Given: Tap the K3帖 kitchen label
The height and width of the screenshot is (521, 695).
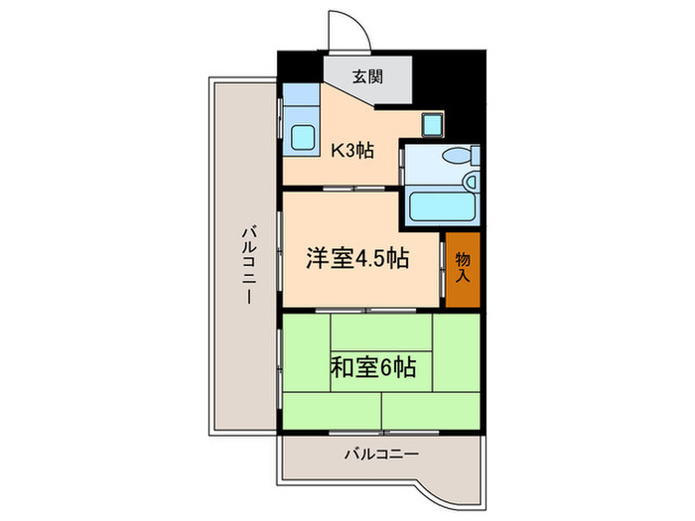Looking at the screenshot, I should click(x=351, y=151).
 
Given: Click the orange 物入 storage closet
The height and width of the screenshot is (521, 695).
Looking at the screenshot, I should click(x=463, y=268).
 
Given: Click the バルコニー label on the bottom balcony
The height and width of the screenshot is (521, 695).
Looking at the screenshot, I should click(x=382, y=455).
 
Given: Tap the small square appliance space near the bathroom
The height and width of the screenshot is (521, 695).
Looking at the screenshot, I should click(x=434, y=124).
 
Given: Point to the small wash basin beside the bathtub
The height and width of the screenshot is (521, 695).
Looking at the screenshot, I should click(x=473, y=182).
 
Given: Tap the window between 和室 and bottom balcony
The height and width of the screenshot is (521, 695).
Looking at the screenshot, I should click(x=382, y=433).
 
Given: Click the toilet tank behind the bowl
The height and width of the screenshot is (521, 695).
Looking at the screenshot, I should click(x=476, y=156).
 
